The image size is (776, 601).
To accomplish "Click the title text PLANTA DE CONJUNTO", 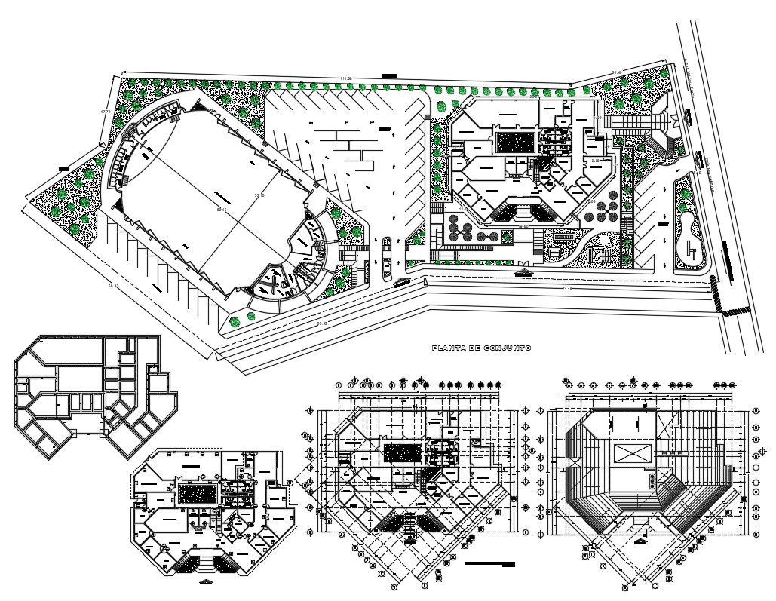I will [x=481, y=348].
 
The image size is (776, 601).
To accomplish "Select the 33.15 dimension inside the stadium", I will [x=261, y=195].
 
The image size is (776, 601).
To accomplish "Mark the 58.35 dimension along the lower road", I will [x=321, y=323].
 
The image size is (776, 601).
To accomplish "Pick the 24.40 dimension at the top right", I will [x=616, y=72].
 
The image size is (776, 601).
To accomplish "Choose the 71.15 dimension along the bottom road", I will [x=566, y=289].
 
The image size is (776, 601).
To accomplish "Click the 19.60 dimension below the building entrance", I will [x=523, y=225].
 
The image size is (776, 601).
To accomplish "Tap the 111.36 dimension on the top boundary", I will [x=346, y=78].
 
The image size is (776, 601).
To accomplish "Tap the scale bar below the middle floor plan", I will [x=489, y=563].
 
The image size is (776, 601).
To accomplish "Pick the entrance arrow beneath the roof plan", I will [x=641, y=541].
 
